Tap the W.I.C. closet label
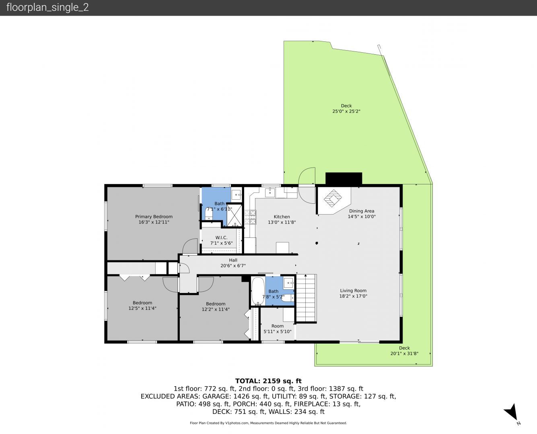(221, 237)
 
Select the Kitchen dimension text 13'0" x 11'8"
(282, 222)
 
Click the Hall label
(233, 260)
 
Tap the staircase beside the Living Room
(306, 298)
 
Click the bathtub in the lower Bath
(258, 291)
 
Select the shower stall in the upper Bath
(234, 215)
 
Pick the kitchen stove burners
(250, 217)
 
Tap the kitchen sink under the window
(270, 192)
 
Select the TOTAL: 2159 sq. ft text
(268, 381)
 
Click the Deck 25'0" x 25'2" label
(346, 108)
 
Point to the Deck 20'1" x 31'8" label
(404, 351)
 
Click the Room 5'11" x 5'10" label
(277, 329)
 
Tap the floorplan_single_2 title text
(47, 7)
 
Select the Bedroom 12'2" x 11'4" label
(216, 307)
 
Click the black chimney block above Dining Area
(344, 179)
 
